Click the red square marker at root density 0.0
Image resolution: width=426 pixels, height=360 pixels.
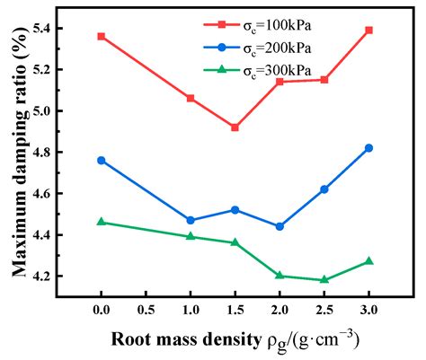coord(102,37)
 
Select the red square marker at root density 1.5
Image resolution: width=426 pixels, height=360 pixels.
coord(235,127)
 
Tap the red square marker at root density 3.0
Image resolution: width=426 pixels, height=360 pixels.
coord(368,31)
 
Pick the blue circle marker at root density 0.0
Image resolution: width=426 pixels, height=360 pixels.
coord(102,161)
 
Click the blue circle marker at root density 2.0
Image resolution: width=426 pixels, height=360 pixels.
coord(280,226)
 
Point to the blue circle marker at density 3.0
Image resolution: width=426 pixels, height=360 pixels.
coord(368,148)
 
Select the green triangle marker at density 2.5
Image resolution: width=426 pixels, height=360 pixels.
coord(324,279)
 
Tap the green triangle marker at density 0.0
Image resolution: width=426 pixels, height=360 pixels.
coord(102,222)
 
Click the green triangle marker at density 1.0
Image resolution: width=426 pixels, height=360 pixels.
coord(191,236)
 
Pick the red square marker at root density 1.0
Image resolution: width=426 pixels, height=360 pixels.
coord(191,98)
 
